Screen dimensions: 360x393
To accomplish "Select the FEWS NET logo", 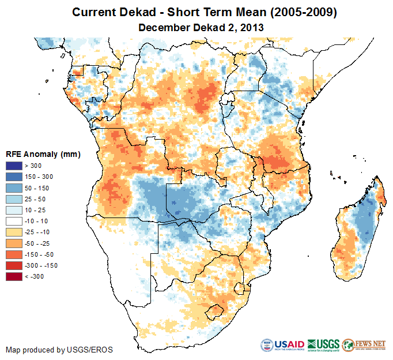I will (x=364, y=346).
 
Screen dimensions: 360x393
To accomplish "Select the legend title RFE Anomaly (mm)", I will (x=43, y=154).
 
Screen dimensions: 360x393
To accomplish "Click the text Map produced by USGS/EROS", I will (x=59, y=350).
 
